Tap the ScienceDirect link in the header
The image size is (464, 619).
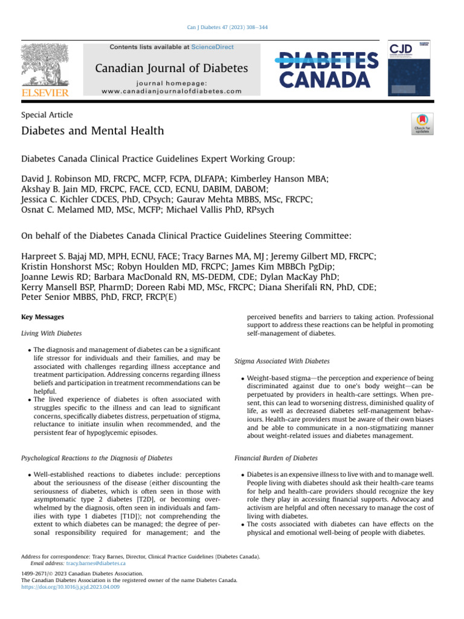(x=211, y=47)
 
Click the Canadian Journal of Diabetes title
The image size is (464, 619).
(x=171, y=68)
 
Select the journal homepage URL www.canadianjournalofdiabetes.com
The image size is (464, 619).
(x=172, y=91)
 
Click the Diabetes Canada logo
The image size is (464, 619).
(x=327, y=70)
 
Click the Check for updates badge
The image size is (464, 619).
(x=421, y=124)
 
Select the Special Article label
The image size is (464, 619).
(x=47, y=115)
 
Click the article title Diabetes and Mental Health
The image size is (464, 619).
(x=92, y=131)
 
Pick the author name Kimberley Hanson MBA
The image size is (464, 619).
(x=275, y=179)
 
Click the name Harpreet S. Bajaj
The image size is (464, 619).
(x=59, y=257)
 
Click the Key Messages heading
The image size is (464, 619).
(x=42, y=317)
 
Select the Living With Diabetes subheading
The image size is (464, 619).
(x=51, y=333)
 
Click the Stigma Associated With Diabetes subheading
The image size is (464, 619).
(x=282, y=361)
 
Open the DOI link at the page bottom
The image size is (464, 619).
(x=70, y=586)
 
